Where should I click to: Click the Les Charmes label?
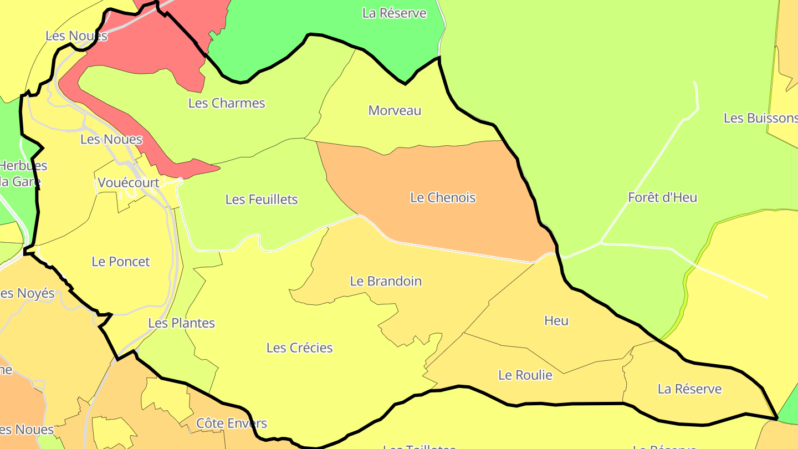(227, 103)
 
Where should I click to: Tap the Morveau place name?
(395, 110)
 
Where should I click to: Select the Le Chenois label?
(443, 197)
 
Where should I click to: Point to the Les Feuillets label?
(262, 200)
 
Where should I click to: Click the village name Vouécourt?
(128, 182)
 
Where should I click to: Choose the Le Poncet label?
(121, 262)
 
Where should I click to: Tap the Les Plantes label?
(181, 323)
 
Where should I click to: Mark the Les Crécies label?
(299, 348)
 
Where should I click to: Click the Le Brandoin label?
(386, 281)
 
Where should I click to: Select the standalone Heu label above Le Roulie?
(556, 320)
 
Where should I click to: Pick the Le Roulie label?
(525, 375)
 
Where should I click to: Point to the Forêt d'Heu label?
(662, 197)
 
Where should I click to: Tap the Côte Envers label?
(232, 424)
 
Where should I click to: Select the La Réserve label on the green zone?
(394, 13)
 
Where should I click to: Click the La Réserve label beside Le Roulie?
(689, 389)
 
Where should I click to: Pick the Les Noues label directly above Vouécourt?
(111, 140)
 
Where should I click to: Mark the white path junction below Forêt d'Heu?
(601, 243)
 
